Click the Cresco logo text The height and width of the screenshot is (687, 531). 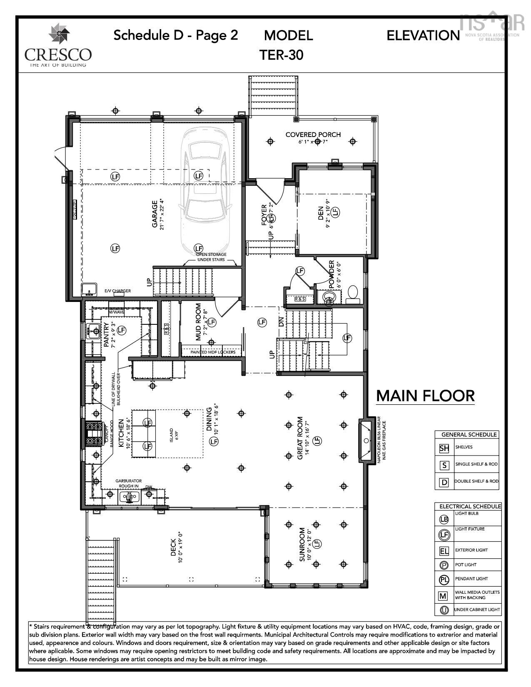click(x=58, y=55)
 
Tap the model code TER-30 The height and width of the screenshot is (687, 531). click(x=281, y=55)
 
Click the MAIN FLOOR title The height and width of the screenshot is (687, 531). click(x=425, y=396)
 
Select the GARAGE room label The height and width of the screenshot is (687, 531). click(x=155, y=214)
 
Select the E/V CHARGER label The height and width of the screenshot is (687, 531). click(x=117, y=291)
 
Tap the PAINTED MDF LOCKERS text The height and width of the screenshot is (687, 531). click(x=213, y=352)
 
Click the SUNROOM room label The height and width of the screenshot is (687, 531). click(x=303, y=545)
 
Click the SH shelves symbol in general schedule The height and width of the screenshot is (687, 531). click(x=444, y=448)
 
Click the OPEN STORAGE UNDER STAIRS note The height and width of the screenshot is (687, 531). click(x=211, y=257)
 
